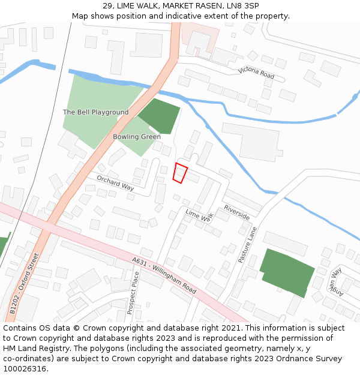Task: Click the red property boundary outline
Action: point(180,173)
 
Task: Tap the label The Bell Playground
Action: point(95,112)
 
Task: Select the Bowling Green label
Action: point(137,137)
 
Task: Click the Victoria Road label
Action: point(256,73)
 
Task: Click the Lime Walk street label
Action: point(199,216)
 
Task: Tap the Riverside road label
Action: point(237,212)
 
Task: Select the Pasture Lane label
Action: point(247,245)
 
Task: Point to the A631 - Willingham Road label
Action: point(163,277)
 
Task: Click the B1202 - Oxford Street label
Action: point(25,283)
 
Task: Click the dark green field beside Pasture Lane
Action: point(287,271)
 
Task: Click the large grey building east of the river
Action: point(252,142)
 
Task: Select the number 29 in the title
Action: point(106,5)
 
